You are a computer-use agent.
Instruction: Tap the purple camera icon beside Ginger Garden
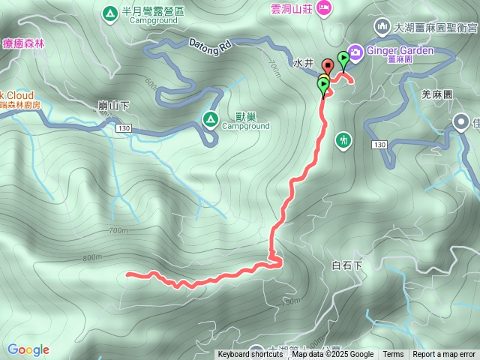[x=355, y=52]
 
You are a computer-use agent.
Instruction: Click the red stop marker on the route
[x=328, y=65]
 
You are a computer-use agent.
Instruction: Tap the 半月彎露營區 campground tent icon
[x=109, y=12]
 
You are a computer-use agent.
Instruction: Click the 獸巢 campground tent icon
[x=211, y=118]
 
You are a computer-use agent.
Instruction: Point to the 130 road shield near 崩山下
[x=124, y=129]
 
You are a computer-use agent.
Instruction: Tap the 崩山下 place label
[x=114, y=106]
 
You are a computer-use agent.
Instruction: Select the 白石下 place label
[x=346, y=265]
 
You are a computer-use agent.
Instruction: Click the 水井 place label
[x=303, y=64]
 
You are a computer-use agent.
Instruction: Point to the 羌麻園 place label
[x=437, y=94]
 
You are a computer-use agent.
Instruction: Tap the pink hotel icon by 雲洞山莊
[x=324, y=7]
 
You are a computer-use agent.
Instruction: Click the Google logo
[x=28, y=349]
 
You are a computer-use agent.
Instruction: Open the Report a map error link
[x=444, y=355]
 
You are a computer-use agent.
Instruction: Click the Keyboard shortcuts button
[x=250, y=355]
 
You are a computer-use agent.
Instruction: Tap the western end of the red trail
[x=127, y=274]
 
